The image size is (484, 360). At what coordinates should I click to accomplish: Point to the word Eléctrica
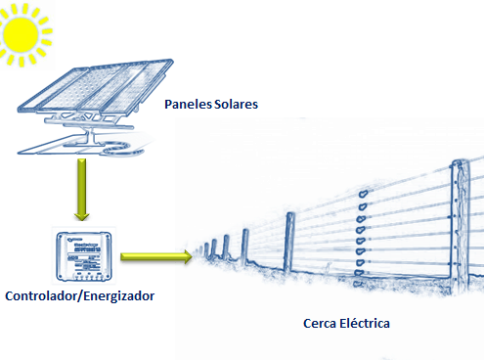click(x=369, y=321)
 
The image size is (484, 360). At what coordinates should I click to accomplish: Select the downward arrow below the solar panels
click(x=75, y=192)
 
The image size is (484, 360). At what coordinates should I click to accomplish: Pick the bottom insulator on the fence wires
click(x=360, y=273)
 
